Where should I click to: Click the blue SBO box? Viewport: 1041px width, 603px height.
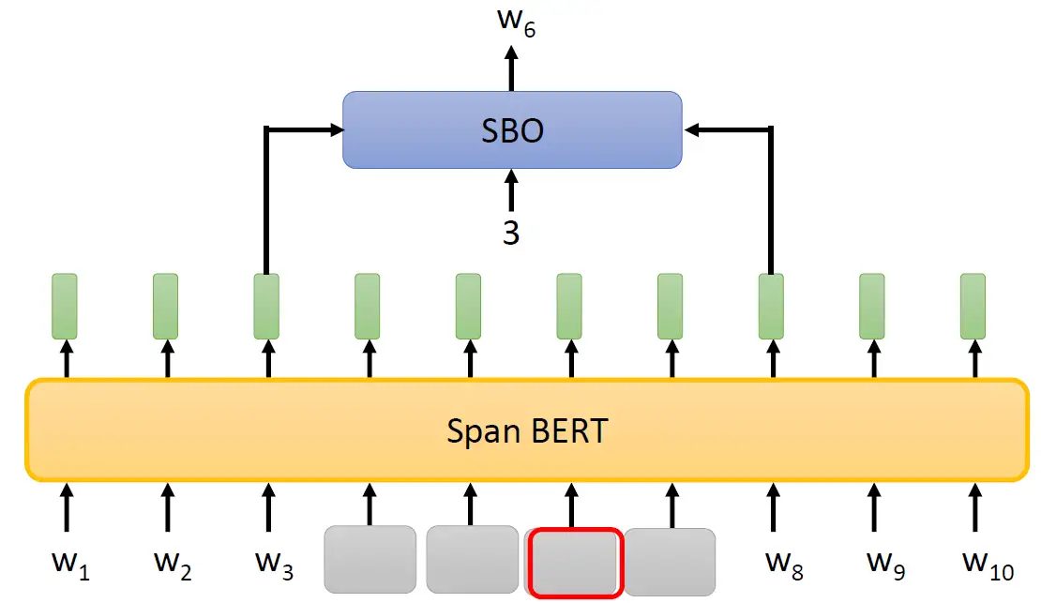(x=511, y=129)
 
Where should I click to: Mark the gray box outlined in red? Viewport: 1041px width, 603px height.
(x=575, y=563)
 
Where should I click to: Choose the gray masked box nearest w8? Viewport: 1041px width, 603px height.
(x=671, y=560)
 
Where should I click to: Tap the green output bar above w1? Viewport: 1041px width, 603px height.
(x=65, y=306)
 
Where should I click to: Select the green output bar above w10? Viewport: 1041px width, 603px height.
(x=973, y=306)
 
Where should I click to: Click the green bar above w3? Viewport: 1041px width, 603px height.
(x=267, y=306)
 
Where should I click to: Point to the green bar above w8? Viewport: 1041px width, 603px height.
(x=771, y=306)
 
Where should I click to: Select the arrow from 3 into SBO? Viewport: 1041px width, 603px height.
(x=511, y=190)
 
